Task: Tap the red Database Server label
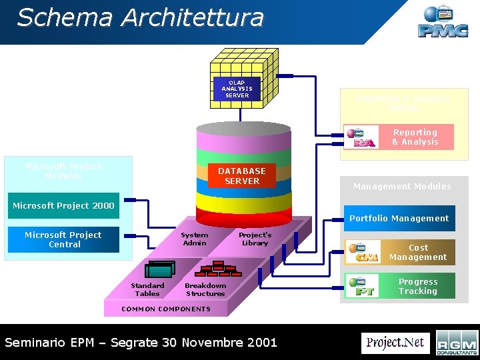[x=241, y=176]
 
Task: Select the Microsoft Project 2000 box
[x=63, y=205]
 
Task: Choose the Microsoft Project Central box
[x=63, y=239]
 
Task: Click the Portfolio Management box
[x=399, y=218]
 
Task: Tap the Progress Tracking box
[x=418, y=286]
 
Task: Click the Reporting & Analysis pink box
[x=415, y=137]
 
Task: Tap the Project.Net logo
[x=395, y=343]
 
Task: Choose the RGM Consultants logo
[x=457, y=343]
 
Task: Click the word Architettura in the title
[x=194, y=18]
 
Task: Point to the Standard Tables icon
[x=161, y=269]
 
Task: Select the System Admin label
[x=194, y=239]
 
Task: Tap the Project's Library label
[x=255, y=239]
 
